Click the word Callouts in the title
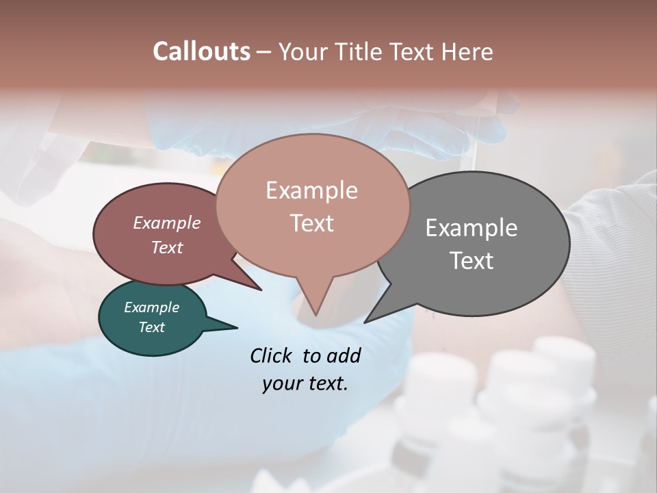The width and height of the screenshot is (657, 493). pos(201,51)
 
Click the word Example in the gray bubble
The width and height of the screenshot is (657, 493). pos(472,228)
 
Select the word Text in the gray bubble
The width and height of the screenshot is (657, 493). pos(472,260)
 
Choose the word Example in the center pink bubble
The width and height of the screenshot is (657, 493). pos(311,190)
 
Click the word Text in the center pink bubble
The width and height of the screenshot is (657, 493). pos(311,223)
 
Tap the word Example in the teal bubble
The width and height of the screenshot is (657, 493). pos(151,307)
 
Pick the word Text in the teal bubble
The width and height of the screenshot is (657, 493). pos(151,327)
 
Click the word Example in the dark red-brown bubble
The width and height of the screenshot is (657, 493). pos(167,223)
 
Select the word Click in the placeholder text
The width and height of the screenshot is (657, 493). pos(272,355)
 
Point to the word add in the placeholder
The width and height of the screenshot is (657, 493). pos(344,355)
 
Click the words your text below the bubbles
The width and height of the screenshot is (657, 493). pos(305,383)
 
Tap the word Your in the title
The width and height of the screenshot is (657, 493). pos(301,51)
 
